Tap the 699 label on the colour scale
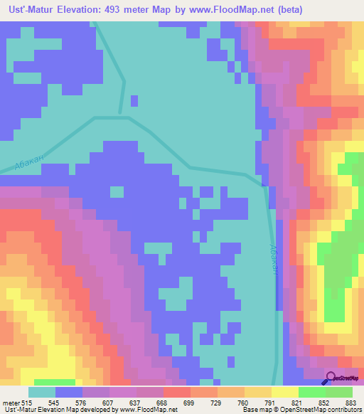tap(168, 403)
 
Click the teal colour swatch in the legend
tap(42, 392)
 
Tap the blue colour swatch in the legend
tap(69, 392)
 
